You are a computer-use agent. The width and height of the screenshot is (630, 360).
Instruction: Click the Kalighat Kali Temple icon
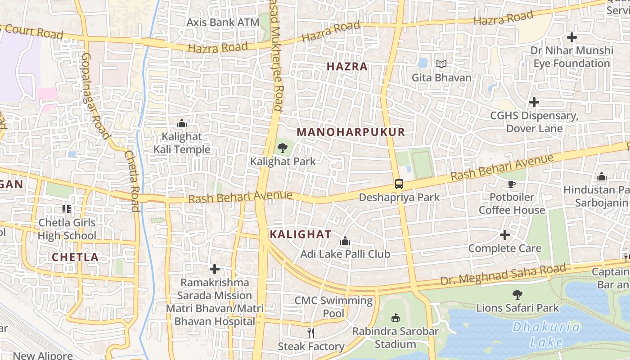[x=182, y=123]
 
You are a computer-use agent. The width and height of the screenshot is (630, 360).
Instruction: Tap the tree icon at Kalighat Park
[x=283, y=148]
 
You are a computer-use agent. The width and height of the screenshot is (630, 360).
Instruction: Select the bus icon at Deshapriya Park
[x=399, y=184]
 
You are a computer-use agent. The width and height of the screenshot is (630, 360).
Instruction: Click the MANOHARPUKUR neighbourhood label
[x=351, y=132]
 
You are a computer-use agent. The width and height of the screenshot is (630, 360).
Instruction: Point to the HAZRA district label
[x=347, y=67]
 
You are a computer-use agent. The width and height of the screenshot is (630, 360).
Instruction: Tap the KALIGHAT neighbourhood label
[x=300, y=234]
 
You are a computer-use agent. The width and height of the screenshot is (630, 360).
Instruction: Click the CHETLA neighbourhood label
[x=75, y=257]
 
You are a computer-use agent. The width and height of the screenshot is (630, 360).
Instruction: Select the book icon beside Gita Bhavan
[x=441, y=64]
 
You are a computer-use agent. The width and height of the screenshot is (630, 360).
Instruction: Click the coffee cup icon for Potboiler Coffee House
[x=511, y=184]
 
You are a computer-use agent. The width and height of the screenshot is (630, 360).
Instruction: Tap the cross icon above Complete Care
[x=505, y=235]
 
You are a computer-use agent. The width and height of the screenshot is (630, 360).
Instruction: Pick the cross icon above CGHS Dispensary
[x=534, y=103]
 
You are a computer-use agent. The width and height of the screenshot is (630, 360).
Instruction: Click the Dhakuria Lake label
[x=546, y=334]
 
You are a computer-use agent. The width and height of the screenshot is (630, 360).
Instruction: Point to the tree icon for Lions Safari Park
[x=517, y=295]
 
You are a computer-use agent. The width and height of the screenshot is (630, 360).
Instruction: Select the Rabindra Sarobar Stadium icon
[x=396, y=318]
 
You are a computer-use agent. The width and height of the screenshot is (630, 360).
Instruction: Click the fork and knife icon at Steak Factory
[x=310, y=333]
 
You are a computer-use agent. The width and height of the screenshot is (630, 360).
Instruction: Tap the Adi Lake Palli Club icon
[x=345, y=241]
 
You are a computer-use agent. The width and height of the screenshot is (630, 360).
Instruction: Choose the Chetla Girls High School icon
[x=67, y=209]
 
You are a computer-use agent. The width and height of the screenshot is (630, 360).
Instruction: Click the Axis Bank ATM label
[x=223, y=22]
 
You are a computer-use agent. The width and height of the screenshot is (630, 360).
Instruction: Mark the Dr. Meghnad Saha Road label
[x=503, y=274]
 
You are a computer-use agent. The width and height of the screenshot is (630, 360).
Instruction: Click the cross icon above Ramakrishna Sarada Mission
[x=215, y=269]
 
